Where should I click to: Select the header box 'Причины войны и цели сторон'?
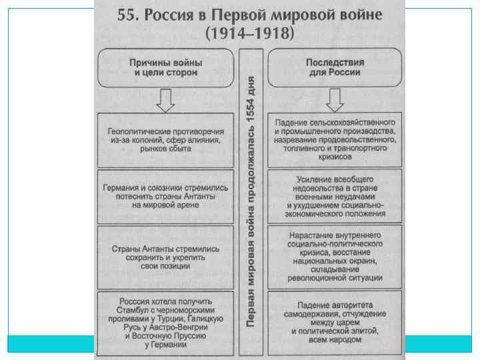point(165,67)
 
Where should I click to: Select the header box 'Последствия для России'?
point(334,67)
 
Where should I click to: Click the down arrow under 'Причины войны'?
point(165,101)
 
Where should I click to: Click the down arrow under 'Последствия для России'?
point(334,101)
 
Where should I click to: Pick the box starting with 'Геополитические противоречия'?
point(165,140)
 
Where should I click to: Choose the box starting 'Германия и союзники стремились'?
point(165,197)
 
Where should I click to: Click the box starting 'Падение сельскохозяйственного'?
point(335,140)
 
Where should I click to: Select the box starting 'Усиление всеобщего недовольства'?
point(335,197)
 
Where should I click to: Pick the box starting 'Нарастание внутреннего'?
point(335,257)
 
